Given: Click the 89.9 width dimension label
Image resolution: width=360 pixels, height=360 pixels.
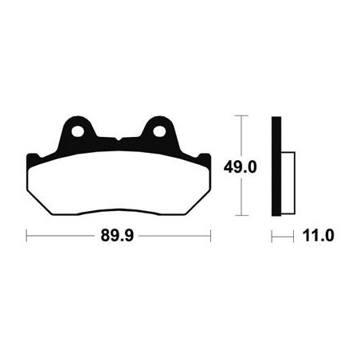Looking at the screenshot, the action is [117, 236].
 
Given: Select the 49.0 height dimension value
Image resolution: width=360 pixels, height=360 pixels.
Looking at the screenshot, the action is [240, 167].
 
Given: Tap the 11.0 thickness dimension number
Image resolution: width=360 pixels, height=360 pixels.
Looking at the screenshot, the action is [318, 236].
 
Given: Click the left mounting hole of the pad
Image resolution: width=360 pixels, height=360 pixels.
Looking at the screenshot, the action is [77, 131].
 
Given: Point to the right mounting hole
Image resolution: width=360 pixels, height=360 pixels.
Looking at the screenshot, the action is [159, 131].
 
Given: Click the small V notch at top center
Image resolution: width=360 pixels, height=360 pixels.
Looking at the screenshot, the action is [119, 139].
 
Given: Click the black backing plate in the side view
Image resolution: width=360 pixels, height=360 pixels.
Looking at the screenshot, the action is [276, 166].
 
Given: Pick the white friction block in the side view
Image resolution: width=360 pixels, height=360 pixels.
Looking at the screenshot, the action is [288, 183].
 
